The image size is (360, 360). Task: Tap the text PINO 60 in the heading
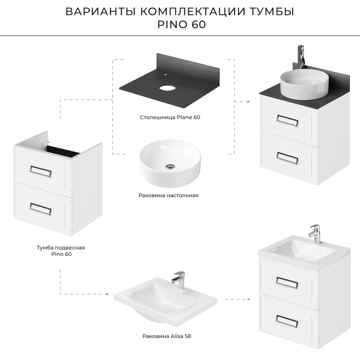point(181,24)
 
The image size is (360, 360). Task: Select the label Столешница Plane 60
point(170,117)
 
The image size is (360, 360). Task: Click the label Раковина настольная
point(168,195)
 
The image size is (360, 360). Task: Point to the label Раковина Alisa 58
point(167,336)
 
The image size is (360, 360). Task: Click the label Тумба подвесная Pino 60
point(61,251)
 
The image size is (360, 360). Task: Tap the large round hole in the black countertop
point(167,88)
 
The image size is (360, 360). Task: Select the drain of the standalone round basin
point(170,167)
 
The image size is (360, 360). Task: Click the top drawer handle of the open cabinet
point(41,171)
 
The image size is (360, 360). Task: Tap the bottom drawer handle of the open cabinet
point(40,209)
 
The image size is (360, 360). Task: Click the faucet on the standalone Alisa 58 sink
point(179,280)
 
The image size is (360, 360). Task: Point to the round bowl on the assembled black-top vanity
point(304,84)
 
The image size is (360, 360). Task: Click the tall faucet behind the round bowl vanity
point(301,57)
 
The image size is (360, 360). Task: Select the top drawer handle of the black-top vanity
point(287,121)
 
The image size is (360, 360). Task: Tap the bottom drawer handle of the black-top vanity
point(287,158)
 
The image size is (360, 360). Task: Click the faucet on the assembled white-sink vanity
point(314,234)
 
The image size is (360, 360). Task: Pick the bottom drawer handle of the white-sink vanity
point(287,321)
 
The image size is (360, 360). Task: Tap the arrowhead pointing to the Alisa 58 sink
point(107,294)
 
